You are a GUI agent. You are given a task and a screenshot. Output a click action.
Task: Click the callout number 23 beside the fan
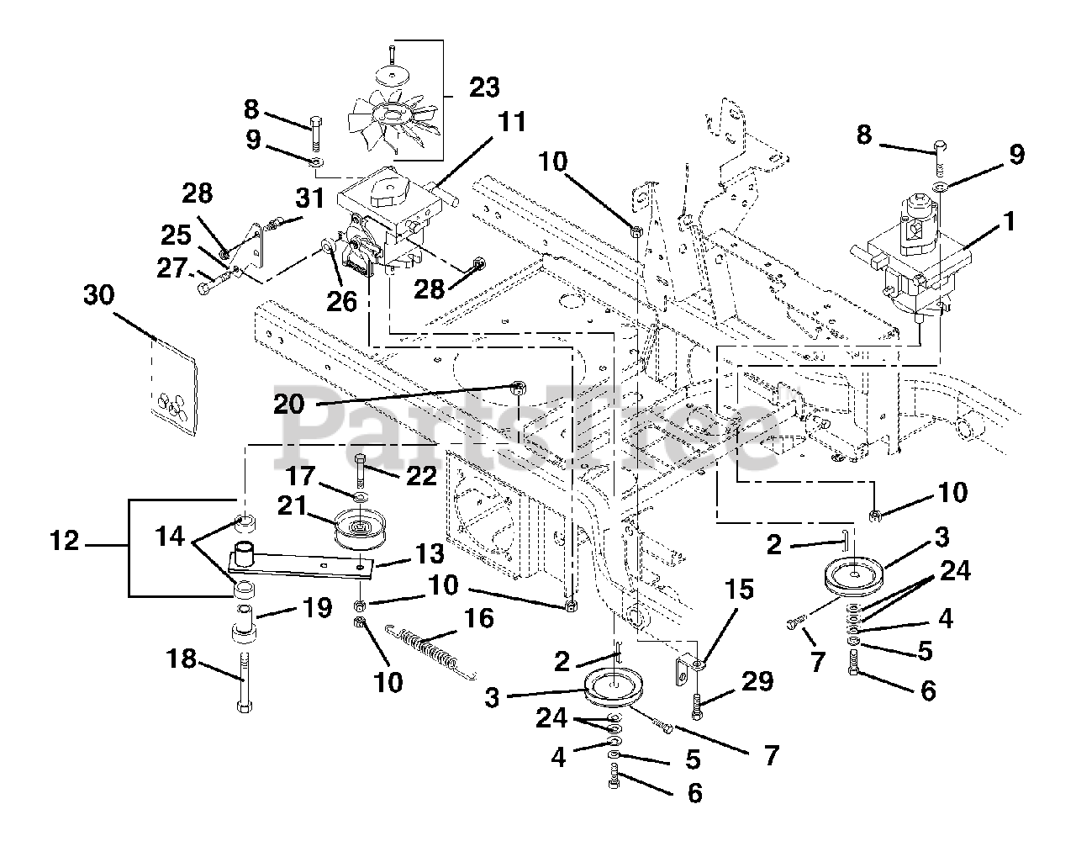484,87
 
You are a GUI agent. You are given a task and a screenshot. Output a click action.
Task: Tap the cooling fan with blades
394,123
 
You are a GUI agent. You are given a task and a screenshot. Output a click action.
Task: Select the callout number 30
98,294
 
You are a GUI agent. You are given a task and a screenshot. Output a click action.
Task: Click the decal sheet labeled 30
174,386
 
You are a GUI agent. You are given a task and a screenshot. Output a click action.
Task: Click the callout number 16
478,618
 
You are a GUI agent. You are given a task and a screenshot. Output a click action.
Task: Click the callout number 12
65,541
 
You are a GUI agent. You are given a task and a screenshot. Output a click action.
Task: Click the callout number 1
1010,221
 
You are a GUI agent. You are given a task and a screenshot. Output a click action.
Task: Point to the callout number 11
511,122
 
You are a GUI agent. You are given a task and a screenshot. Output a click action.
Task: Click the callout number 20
288,404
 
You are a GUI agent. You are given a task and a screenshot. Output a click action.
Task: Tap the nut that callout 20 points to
518,389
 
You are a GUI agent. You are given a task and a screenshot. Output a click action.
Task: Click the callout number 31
309,198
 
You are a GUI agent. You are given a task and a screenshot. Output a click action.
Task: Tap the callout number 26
341,302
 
